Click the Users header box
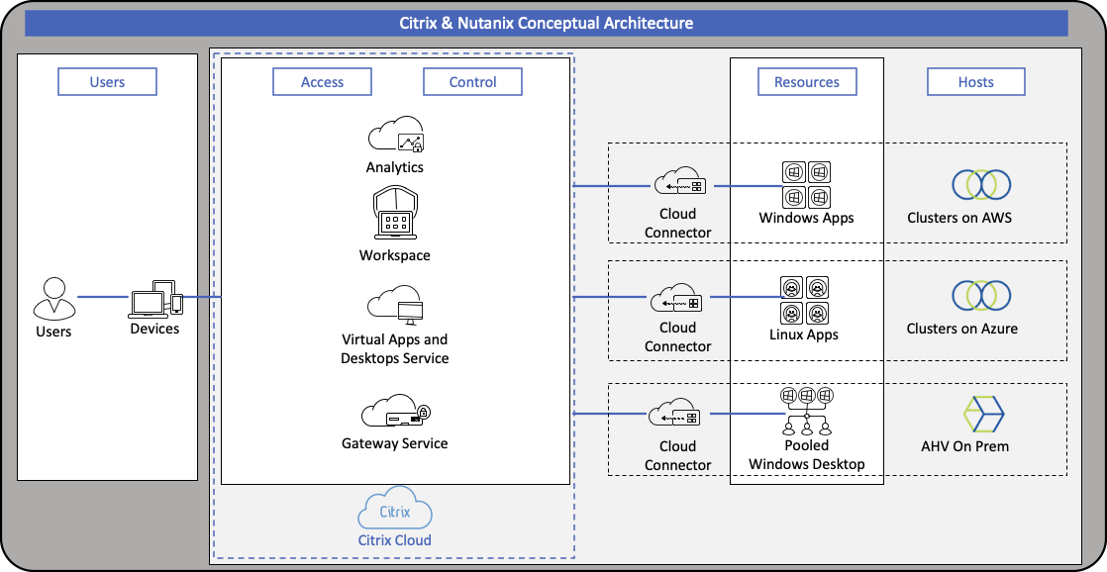click(x=107, y=82)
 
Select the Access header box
click(x=322, y=82)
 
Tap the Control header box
click(x=472, y=82)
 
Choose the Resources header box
click(x=807, y=82)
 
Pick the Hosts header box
click(x=975, y=82)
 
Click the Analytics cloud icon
click(x=395, y=135)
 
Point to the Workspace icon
click(x=395, y=214)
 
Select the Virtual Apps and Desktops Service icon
click(x=395, y=307)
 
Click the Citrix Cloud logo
click(x=395, y=513)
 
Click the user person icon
click(x=53, y=298)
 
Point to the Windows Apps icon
click(x=807, y=184)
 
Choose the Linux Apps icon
click(x=804, y=300)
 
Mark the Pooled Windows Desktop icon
click(x=806, y=411)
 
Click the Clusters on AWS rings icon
click(x=980, y=184)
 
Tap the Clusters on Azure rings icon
click(x=980, y=296)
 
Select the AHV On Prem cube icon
click(x=982, y=414)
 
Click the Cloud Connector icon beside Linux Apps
click(x=678, y=299)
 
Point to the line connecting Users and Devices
click(x=103, y=297)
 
